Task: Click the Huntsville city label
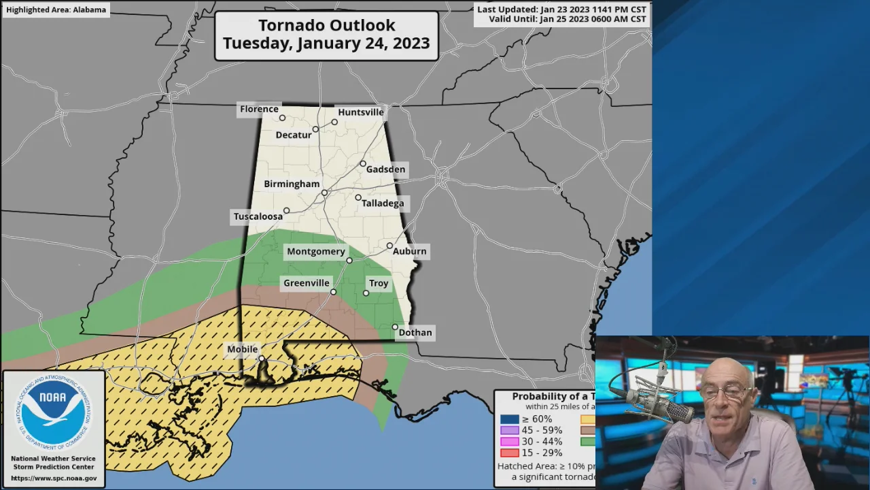(361, 112)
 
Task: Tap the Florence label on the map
(259, 109)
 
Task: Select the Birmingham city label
(292, 184)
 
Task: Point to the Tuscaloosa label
(258, 216)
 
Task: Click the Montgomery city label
(315, 251)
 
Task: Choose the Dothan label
(415, 332)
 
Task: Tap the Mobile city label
(242, 349)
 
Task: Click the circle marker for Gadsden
(363, 163)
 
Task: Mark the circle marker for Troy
(366, 293)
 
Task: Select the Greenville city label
(306, 282)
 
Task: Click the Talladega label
(383, 203)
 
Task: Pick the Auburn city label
(409, 251)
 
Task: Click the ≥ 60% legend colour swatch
(509, 419)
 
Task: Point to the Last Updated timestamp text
(561, 10)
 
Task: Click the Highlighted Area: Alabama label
(56, 10)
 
